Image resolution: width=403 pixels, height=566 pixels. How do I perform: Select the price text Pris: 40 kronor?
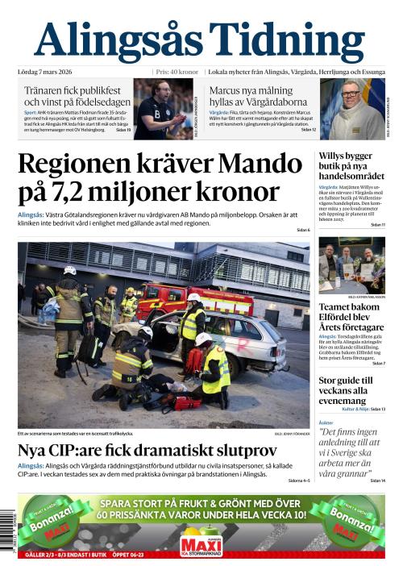click(177, 71)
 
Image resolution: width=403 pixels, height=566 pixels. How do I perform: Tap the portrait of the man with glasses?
click(352, 107)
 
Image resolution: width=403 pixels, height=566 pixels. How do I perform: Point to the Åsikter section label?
click(326, 422)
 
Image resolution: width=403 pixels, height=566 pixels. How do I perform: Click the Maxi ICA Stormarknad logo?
click(201, 544)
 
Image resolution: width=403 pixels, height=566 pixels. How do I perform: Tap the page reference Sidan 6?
click(302, 231)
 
